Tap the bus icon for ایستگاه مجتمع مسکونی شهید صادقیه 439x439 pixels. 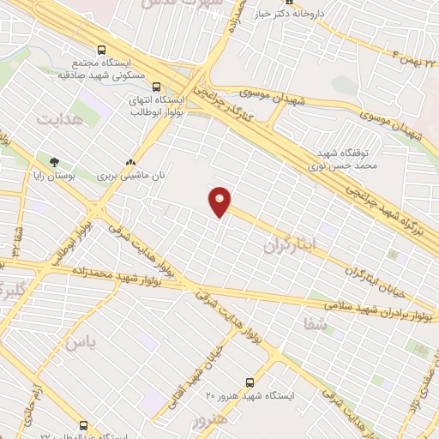tap(101, 50)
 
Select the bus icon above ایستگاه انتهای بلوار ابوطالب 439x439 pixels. tap(156, 86)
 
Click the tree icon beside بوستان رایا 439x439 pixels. tap(55, 161)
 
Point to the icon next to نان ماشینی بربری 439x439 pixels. tap(130, 161)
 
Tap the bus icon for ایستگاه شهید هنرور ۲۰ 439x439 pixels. tap(250, 382)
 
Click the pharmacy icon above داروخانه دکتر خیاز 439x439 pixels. tap(264, 3)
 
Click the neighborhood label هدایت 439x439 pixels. tap(62, 120)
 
